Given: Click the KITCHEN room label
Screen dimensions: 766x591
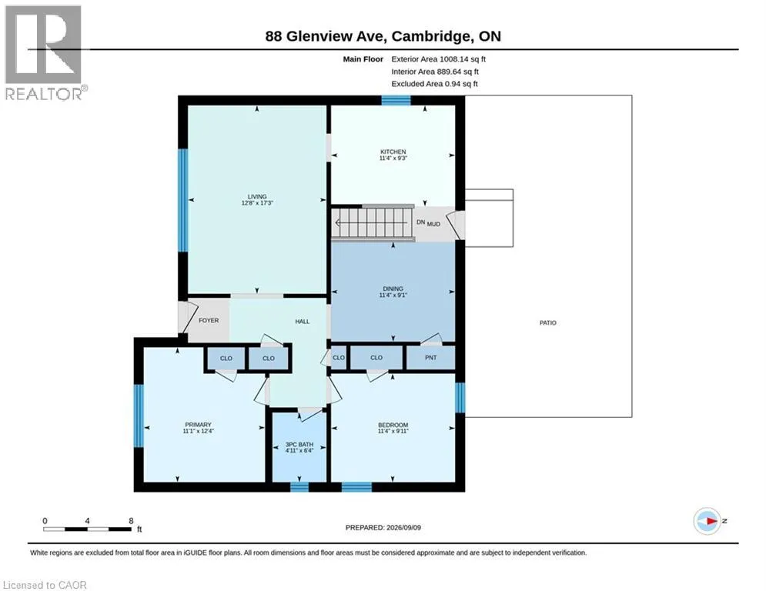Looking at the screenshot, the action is click(x=393, y=152).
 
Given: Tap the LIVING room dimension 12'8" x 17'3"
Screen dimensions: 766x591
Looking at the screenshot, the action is click(x=257, y=202).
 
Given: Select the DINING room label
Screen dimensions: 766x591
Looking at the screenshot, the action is click(x=393, y=289).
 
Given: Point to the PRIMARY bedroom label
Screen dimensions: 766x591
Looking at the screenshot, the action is click(x=198, y=425).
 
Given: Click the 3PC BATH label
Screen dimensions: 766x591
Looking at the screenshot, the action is click(x=299, y=445).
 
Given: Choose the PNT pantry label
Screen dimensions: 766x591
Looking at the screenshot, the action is click(x=430, y=358).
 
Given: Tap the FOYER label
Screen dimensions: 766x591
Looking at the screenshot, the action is click(x=209, y=320).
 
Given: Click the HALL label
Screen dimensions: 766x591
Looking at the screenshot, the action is click(x=303, y=322).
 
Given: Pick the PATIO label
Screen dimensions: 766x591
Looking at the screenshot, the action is click(x=547, y=323).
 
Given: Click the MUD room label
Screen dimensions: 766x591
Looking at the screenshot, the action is click(x=433, y=224).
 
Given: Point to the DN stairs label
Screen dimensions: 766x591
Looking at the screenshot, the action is click(x=420, y=222).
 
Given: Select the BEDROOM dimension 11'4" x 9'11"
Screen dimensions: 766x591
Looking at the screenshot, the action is click(x=393, y=431).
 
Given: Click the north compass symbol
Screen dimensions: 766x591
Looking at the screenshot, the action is click(x=707, y=521).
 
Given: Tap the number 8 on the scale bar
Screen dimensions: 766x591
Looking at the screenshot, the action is click(x=131, y=521).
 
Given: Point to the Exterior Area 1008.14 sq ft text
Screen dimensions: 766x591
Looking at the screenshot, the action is click(x=438, y=59).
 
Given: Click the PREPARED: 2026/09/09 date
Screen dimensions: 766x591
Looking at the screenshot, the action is click(x=383, y=527).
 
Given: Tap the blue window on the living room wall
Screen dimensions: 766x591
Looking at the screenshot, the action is click(x=182, y=200).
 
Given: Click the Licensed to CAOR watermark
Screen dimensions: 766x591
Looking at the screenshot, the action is click(x=45, y=585).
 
